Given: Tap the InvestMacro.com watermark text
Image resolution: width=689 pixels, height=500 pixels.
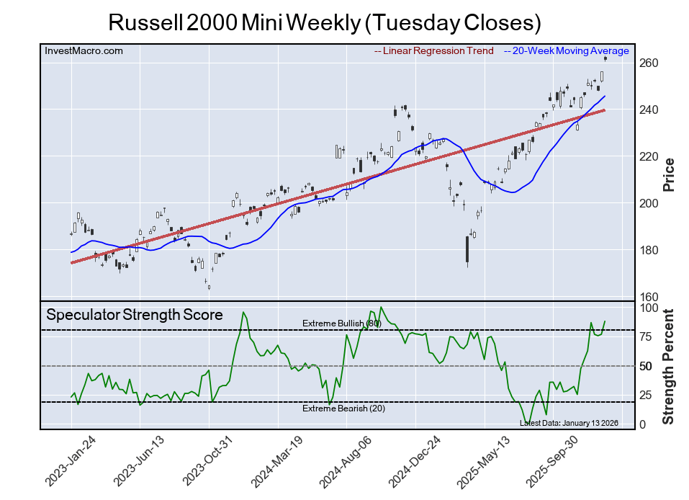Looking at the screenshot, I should point(84,50).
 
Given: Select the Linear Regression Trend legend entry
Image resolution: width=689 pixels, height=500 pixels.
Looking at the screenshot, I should point(434,51).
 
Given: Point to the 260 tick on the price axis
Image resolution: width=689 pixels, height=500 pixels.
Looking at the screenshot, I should point(649,63).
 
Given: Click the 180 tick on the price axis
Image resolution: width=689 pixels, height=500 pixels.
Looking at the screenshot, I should point(649,251).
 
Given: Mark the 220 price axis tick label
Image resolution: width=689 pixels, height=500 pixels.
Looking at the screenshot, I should point(649,157).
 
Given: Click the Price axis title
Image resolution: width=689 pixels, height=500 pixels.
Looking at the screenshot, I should point(668,174).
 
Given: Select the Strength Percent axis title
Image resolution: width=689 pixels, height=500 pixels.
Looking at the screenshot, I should point(668,366).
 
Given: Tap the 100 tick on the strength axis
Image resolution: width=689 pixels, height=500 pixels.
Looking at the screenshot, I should point(648,308).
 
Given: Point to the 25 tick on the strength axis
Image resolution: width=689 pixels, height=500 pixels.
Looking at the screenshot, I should point(646,395).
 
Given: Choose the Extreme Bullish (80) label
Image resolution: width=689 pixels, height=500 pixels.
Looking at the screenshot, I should point(341,323).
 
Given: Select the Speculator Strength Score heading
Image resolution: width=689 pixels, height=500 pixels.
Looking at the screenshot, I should point(135,315).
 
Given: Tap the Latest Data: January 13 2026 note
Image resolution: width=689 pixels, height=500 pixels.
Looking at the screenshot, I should point(569,423).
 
